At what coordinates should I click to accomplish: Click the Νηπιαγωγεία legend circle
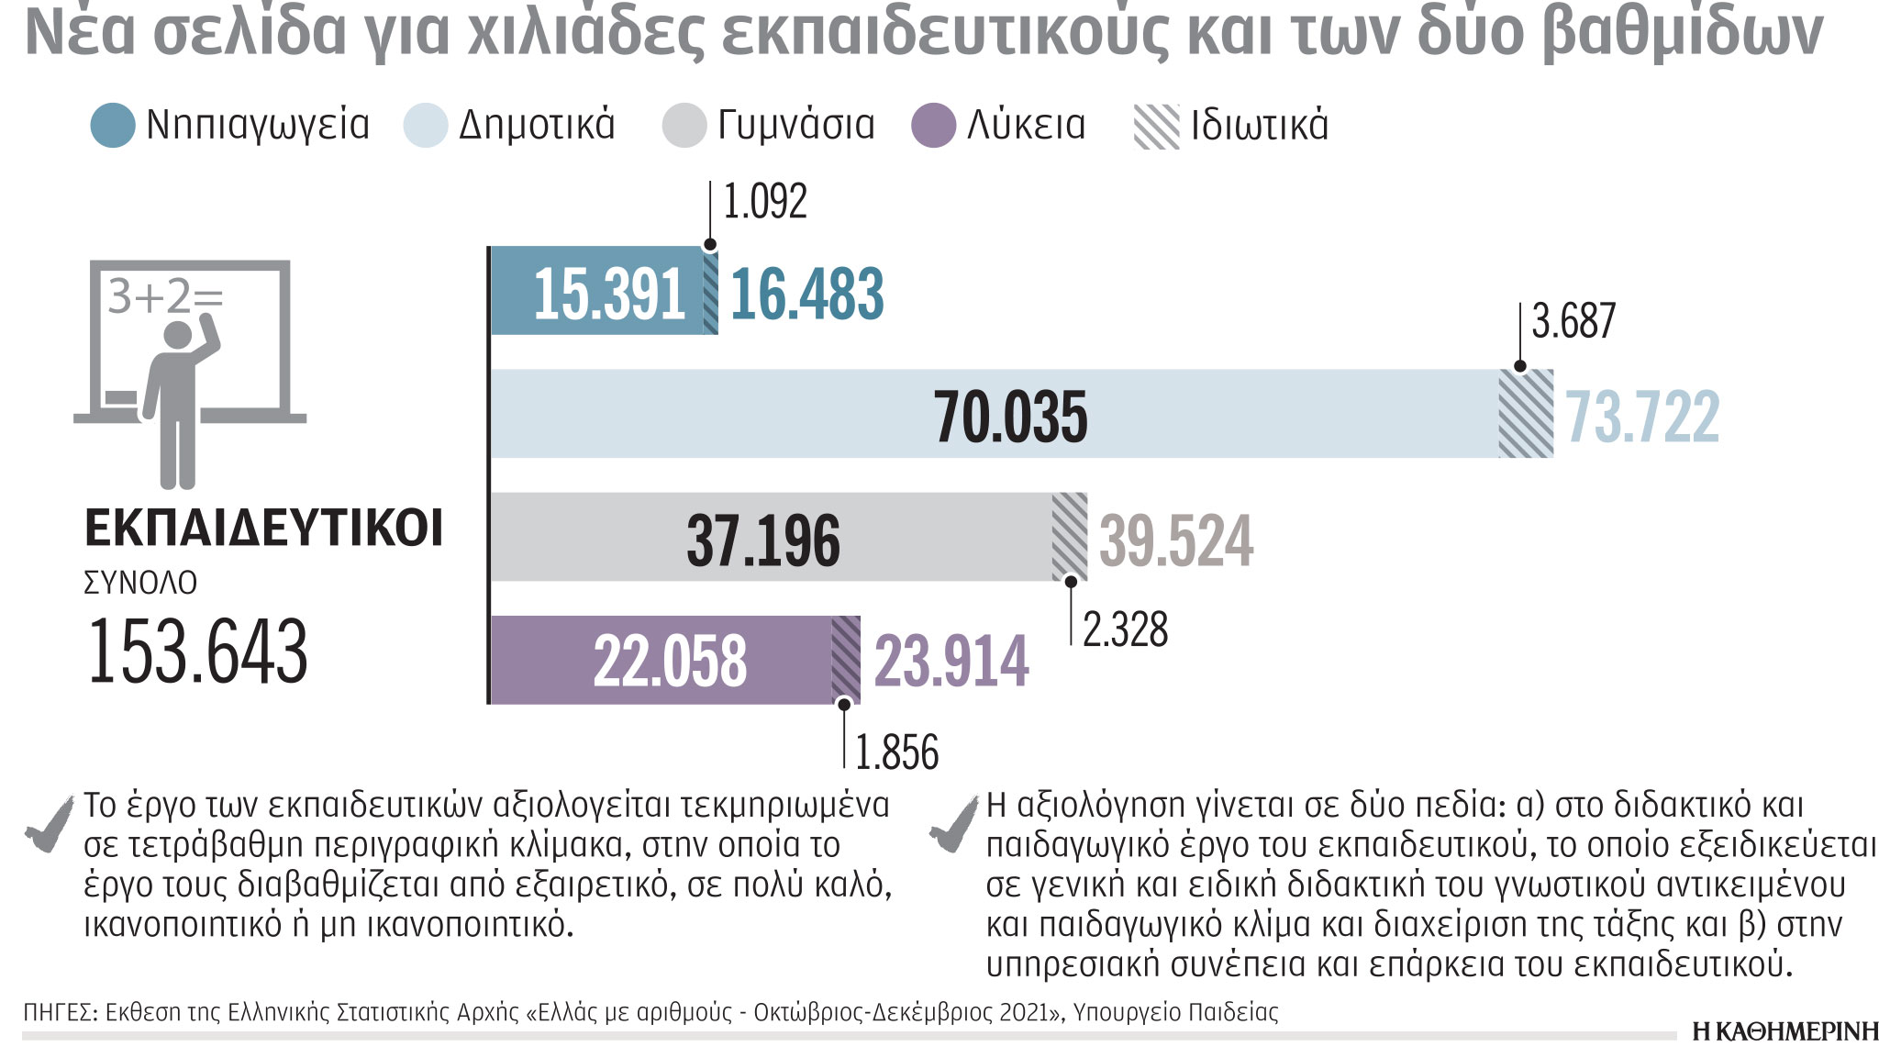coord(113,126)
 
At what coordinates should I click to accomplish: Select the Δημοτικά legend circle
coord(426,126)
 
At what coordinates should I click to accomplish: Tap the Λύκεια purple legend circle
coord(934,126)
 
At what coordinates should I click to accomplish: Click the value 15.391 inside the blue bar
coord(609,295)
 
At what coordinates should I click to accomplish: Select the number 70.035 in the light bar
coord(1011,416)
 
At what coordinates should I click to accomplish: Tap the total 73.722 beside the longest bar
coord(1642,417)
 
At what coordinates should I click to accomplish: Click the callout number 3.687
coord(1573,321)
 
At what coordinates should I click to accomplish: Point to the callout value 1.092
coord(765,202)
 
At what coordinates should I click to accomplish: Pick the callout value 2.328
coord(1125,629)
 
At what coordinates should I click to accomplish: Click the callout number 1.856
coord(896,752)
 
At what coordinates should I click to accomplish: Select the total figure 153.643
coord(197,652)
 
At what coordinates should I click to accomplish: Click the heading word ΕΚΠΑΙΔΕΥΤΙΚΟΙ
coord(263,529)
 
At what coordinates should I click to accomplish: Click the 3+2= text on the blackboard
coord(165,296)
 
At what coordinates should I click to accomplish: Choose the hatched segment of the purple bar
coord(846,660)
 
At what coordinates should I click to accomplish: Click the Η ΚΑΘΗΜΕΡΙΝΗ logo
coord(1784,1031)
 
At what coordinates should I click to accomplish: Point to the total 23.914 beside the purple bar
coord(951,661)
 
